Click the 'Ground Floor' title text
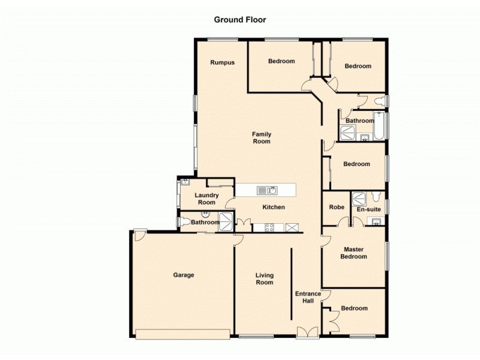point(240,20)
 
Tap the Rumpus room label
point(221,62)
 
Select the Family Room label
point(262,138)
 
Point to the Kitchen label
point(274,208)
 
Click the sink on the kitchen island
point(268,190)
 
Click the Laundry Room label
point(207,199)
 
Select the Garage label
point(184,275)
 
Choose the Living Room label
point(264,279)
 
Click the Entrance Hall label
point(308,297)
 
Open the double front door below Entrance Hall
point(307,332)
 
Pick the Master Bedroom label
point(353,253)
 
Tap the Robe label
point(337,208)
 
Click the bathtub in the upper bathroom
point(380,125)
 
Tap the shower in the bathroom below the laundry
point(226,221)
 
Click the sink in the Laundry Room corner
point(185,182)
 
